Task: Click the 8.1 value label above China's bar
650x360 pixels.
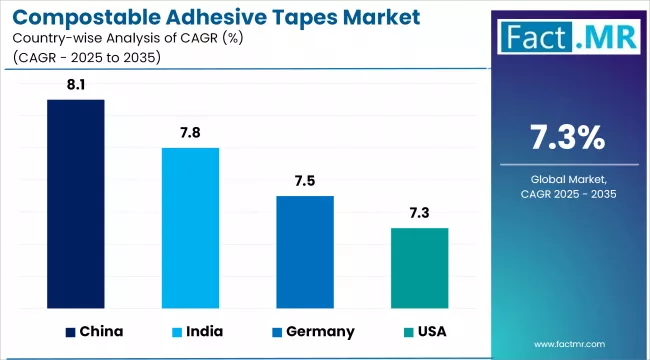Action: (76, 87)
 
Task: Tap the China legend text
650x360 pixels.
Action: (102, 331)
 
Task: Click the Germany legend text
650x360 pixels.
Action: (319, 331)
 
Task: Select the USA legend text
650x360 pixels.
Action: (432, 331)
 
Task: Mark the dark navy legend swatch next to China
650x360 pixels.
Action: (70, 331)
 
